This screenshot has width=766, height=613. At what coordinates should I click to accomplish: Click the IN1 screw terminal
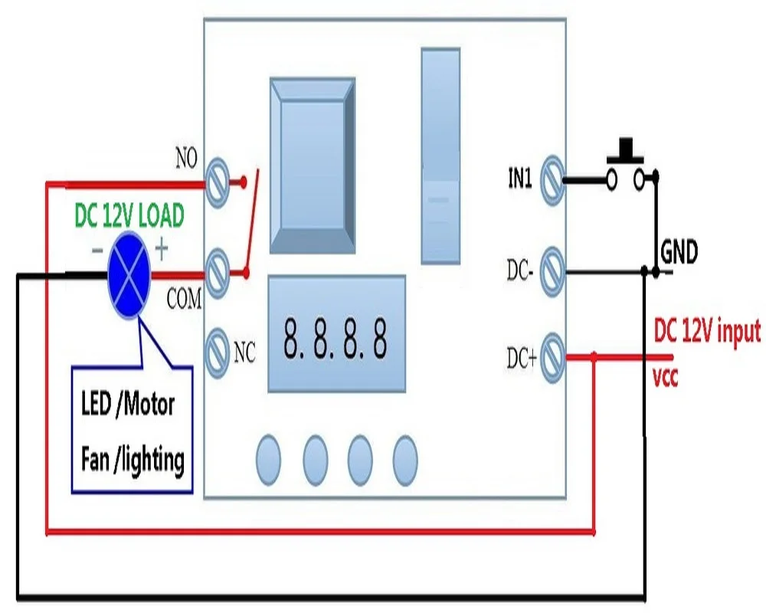[553, 179]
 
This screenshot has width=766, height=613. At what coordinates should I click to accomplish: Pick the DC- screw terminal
[553, 270]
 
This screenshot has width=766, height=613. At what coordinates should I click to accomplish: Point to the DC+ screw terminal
[553, 357]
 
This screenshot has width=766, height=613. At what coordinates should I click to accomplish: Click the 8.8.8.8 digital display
[335, 336]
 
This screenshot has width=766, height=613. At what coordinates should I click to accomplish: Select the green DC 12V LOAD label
[129, 218]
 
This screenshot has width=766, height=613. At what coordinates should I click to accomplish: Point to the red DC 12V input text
[706, 332]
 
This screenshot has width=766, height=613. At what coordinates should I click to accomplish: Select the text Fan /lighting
[132, 461]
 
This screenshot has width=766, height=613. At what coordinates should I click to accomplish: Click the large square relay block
[313, 164]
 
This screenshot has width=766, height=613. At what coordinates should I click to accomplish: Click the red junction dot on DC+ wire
[594, 356]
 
